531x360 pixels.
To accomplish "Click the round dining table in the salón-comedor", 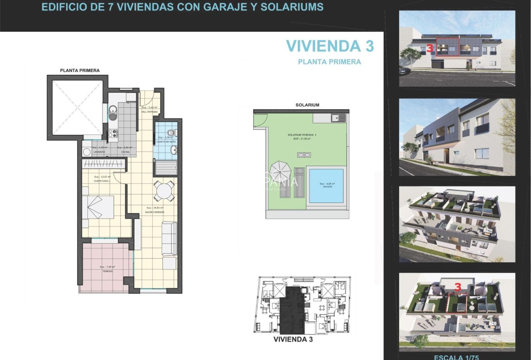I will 165,191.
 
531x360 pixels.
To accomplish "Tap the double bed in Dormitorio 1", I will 98,207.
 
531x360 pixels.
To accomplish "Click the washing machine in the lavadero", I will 86,152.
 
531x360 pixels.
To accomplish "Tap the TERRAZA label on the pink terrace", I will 107,272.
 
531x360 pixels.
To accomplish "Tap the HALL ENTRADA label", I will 149,112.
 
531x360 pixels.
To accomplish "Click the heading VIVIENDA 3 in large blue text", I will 330,46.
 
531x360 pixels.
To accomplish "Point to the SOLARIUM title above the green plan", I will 307,105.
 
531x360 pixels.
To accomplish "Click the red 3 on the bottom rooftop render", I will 457,287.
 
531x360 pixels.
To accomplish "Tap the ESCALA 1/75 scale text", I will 456,357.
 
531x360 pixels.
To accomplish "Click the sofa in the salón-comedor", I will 169,238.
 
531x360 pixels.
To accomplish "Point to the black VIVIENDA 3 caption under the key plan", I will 293,339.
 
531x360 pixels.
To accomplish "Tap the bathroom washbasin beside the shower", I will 174,150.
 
